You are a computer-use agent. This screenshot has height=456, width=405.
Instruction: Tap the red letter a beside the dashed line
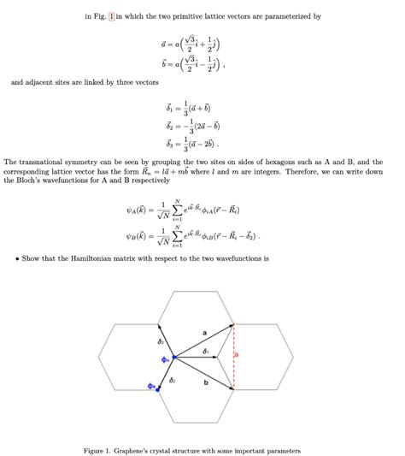click(x=238, y=353)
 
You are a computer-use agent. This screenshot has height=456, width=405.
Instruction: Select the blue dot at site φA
click(x=173, y=357)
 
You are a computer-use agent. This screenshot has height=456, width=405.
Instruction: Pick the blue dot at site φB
click(x=156, y=388)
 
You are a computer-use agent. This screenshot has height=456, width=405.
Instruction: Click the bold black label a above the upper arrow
click(x=205, y=331)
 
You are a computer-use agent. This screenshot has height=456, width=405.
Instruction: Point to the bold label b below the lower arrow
click(x=206, y=382)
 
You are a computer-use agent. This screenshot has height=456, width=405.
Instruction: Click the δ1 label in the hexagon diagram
click(x=205, y=351)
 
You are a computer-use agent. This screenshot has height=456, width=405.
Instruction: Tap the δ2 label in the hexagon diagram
click(x=173, y=379)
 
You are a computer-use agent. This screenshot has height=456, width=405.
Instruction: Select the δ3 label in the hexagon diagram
click(x=161, y=341)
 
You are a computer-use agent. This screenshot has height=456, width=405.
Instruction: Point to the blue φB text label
click(x=149, y=386)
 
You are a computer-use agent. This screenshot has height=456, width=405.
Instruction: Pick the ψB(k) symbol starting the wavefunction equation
click(x=138, y=236)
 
